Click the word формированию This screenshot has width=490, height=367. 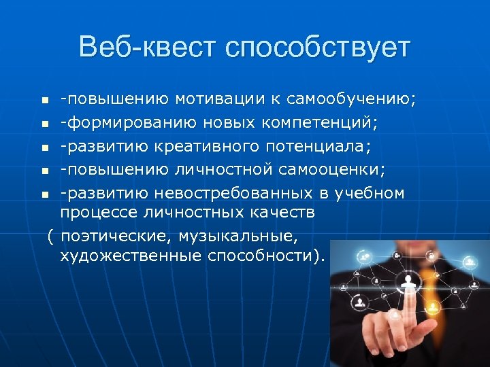coord(121,124)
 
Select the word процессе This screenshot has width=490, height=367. coord(99,213)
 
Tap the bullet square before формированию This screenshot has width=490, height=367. coord(44,124)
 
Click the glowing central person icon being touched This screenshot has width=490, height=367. coord(409,281)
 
